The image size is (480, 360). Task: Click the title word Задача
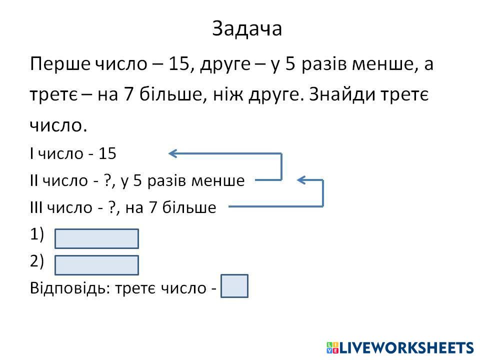pos(247,29)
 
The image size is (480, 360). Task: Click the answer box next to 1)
pos(96,239)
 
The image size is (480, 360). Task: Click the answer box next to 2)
pos(96,265)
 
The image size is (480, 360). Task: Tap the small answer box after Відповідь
pos(234,286)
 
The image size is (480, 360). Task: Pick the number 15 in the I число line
pos(107,153)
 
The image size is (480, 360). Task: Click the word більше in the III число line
pos(192,207)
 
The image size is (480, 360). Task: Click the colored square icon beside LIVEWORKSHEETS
pos(332,347)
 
